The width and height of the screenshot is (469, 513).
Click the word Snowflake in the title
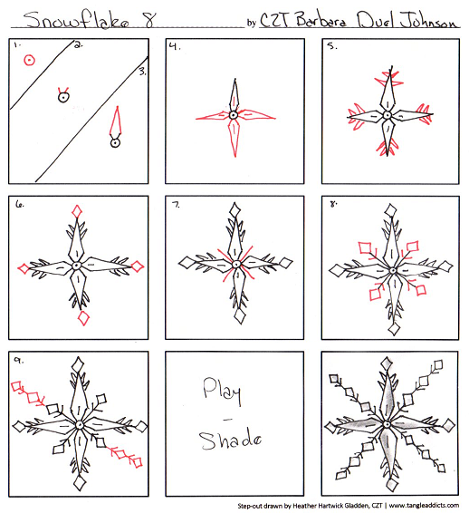tap(76, 20)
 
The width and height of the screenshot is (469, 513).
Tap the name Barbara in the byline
tap(321, 19)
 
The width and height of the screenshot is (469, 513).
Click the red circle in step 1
tap(29, 60)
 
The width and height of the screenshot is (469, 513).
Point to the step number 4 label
tap(175, 46)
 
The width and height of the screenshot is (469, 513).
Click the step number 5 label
tap(332, 46)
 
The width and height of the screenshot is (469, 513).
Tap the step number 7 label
tap(176, 205)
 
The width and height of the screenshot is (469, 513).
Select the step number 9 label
tap(18, 360)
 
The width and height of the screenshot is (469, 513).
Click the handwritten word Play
tap(222, 391)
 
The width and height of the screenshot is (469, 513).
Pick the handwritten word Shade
tap(231, 440)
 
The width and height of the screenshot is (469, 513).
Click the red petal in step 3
tap(116, 122)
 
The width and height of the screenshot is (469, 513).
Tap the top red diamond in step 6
tap(77, 211)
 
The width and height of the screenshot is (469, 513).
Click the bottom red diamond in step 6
tap(83, 318)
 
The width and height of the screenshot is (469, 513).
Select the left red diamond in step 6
tap(24, 268)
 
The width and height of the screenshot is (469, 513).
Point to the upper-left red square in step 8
tap(365, 247)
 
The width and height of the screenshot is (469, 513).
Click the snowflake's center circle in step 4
tap(233, 115)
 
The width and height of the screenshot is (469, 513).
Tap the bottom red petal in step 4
tap(235, 138)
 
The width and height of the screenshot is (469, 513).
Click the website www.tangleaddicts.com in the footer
tap(424, 506)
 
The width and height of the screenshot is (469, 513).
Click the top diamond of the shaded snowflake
tap(388, 364)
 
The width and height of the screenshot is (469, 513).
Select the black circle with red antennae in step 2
tap(63, 95)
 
